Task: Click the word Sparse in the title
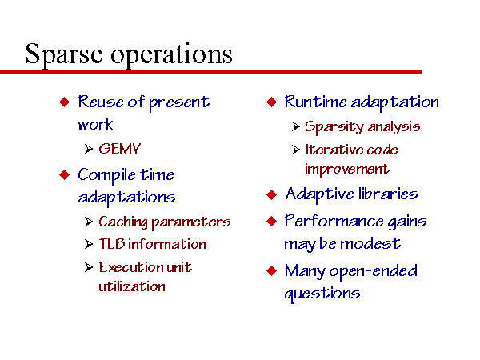[x=64, y=54]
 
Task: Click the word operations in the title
[x=171, y=54]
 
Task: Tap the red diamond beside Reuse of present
[x=64, y=102]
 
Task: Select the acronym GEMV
[x=119, y=149]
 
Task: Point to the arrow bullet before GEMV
[x=89, y=149]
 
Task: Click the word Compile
[x=106, y=175]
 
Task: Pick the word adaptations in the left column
[x=126, y=198]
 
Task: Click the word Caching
[x=123, y=222]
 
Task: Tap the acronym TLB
[x=112, y=244]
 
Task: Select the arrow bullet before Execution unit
[x=89, y=267]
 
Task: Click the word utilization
[x=132, y=286]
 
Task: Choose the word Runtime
[x=316, y=102]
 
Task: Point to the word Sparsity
[x=334, y=126]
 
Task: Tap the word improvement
[x=347, y=170]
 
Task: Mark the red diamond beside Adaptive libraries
[x=271, y=194]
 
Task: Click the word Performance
[x=334, y=221]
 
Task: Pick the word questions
[x=322, y=294]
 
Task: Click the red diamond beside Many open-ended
[x=271, y=271]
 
